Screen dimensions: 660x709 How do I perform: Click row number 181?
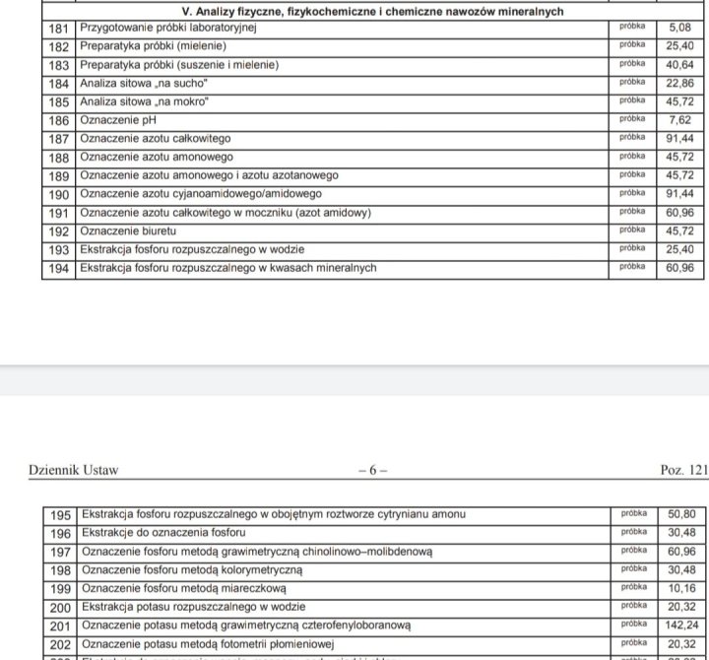click(x=59, y=29)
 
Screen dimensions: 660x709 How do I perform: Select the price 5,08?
click(x=680, y=29)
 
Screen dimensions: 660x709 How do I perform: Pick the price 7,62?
click(x=680, y=120)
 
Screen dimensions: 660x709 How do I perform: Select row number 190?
click(x=59, y=193)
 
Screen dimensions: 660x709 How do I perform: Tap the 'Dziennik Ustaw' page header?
click(x=74, y=470)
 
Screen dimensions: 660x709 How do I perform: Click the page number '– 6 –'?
click(x=371, y=470)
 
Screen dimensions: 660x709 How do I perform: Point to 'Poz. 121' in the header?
click(x=683, y=470)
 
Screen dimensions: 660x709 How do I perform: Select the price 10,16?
click(x=680, y=588)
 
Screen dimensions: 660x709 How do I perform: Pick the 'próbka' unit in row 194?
click(x=632, y=267)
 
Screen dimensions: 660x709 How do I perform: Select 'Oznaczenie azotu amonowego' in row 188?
click(x=157, y=157)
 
